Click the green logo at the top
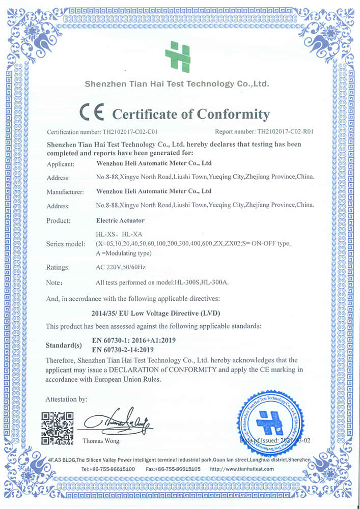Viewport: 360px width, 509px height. [178, 56]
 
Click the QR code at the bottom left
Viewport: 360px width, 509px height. [58, 428]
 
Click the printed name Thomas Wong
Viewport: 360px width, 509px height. [100, 440]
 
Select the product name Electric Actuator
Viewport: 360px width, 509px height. [120, 221]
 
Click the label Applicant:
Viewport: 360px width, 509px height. [61, 164]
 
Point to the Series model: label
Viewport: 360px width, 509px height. [66, 244]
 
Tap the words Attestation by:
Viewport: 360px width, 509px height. [66, 399]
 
